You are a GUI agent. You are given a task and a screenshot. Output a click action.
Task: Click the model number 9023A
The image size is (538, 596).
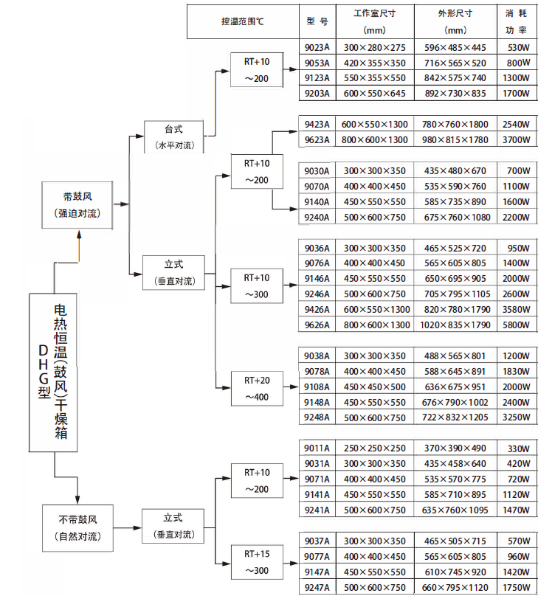click(x=317, y=47)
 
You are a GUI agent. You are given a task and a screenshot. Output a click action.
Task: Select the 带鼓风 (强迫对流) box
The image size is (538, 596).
click(x=77, y=204)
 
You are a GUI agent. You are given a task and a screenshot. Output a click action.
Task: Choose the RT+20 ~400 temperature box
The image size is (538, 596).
click(x=258, y=389)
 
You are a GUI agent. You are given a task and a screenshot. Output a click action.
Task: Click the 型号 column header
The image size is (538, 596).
click(x=317, y=22)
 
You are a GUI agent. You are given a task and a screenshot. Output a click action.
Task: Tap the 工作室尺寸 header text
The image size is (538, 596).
click(x=375, y=14)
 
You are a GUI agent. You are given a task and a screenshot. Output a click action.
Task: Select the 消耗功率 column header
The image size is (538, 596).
click(x=516, y=22)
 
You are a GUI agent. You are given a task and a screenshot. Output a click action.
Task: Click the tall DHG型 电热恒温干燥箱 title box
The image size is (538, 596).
click(x=54, y=372)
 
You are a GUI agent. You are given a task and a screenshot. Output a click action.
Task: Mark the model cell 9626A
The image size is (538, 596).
click(x=317, y=325)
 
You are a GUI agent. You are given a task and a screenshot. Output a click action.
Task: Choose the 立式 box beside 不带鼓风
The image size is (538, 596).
click(x=173, y=527)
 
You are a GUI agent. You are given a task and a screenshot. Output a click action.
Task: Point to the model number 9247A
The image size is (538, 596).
click(x=317, y=587)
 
